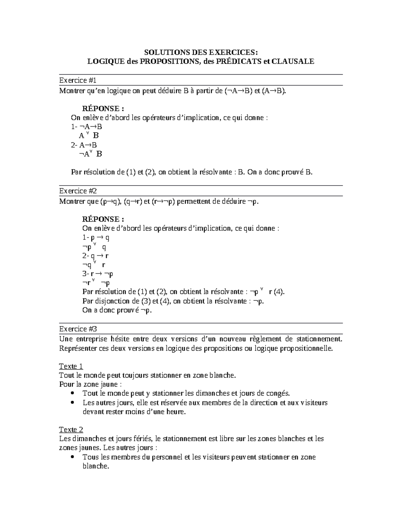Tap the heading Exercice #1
pos(78,80)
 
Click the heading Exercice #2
pos(78,191)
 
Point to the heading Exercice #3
pos(78,329)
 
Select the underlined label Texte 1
pos(71,366)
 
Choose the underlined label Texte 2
pos(71,430)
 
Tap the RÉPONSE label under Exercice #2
pos(103,219)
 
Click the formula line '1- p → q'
pos(96,238)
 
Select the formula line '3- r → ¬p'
pos(97,274)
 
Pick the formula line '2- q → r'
pos(95,256)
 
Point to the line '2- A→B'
pos(84,145)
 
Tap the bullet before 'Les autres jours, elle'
pos(73,403)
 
